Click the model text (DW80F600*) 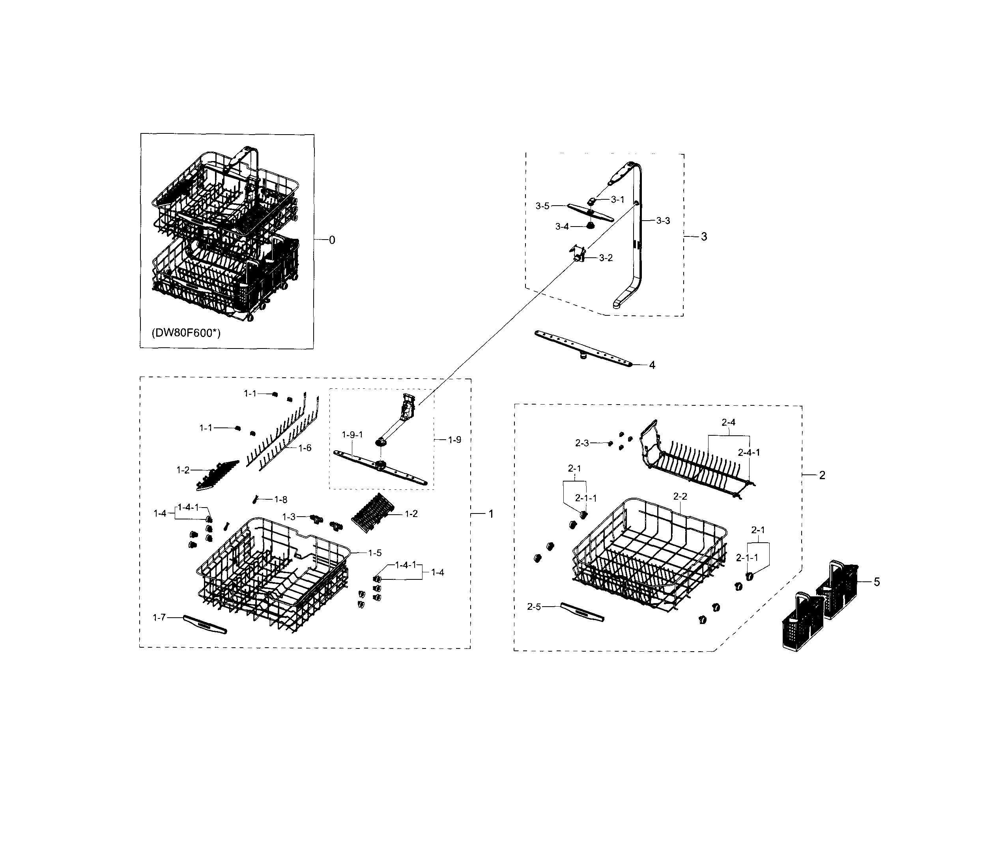click(x=186, y=333)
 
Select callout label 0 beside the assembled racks click(x=332, y=240)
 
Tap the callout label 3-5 click(x=542, y=206)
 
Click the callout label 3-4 click(x=562, y=227)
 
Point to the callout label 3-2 click(x=606, y=258)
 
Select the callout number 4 click(x=652, y=365)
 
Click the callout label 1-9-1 click(x=352, y=435)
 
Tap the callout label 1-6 click(x=305, y=448)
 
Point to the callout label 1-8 click(x=281, y=500)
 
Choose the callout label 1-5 click(x=375, y=553)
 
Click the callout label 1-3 click(x=289, y=517)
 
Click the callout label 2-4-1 click(x=749, y=452)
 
